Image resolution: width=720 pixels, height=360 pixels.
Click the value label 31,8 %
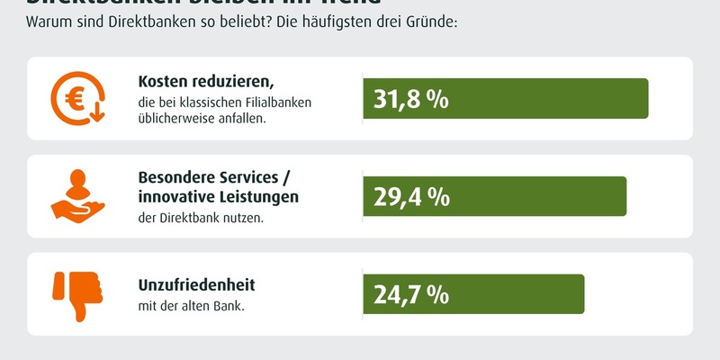point(411,99)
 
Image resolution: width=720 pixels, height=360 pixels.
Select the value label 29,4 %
point(411,197)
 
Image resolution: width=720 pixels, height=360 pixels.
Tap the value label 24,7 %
point(411,294)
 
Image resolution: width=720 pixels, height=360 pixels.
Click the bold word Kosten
point(165,82)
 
